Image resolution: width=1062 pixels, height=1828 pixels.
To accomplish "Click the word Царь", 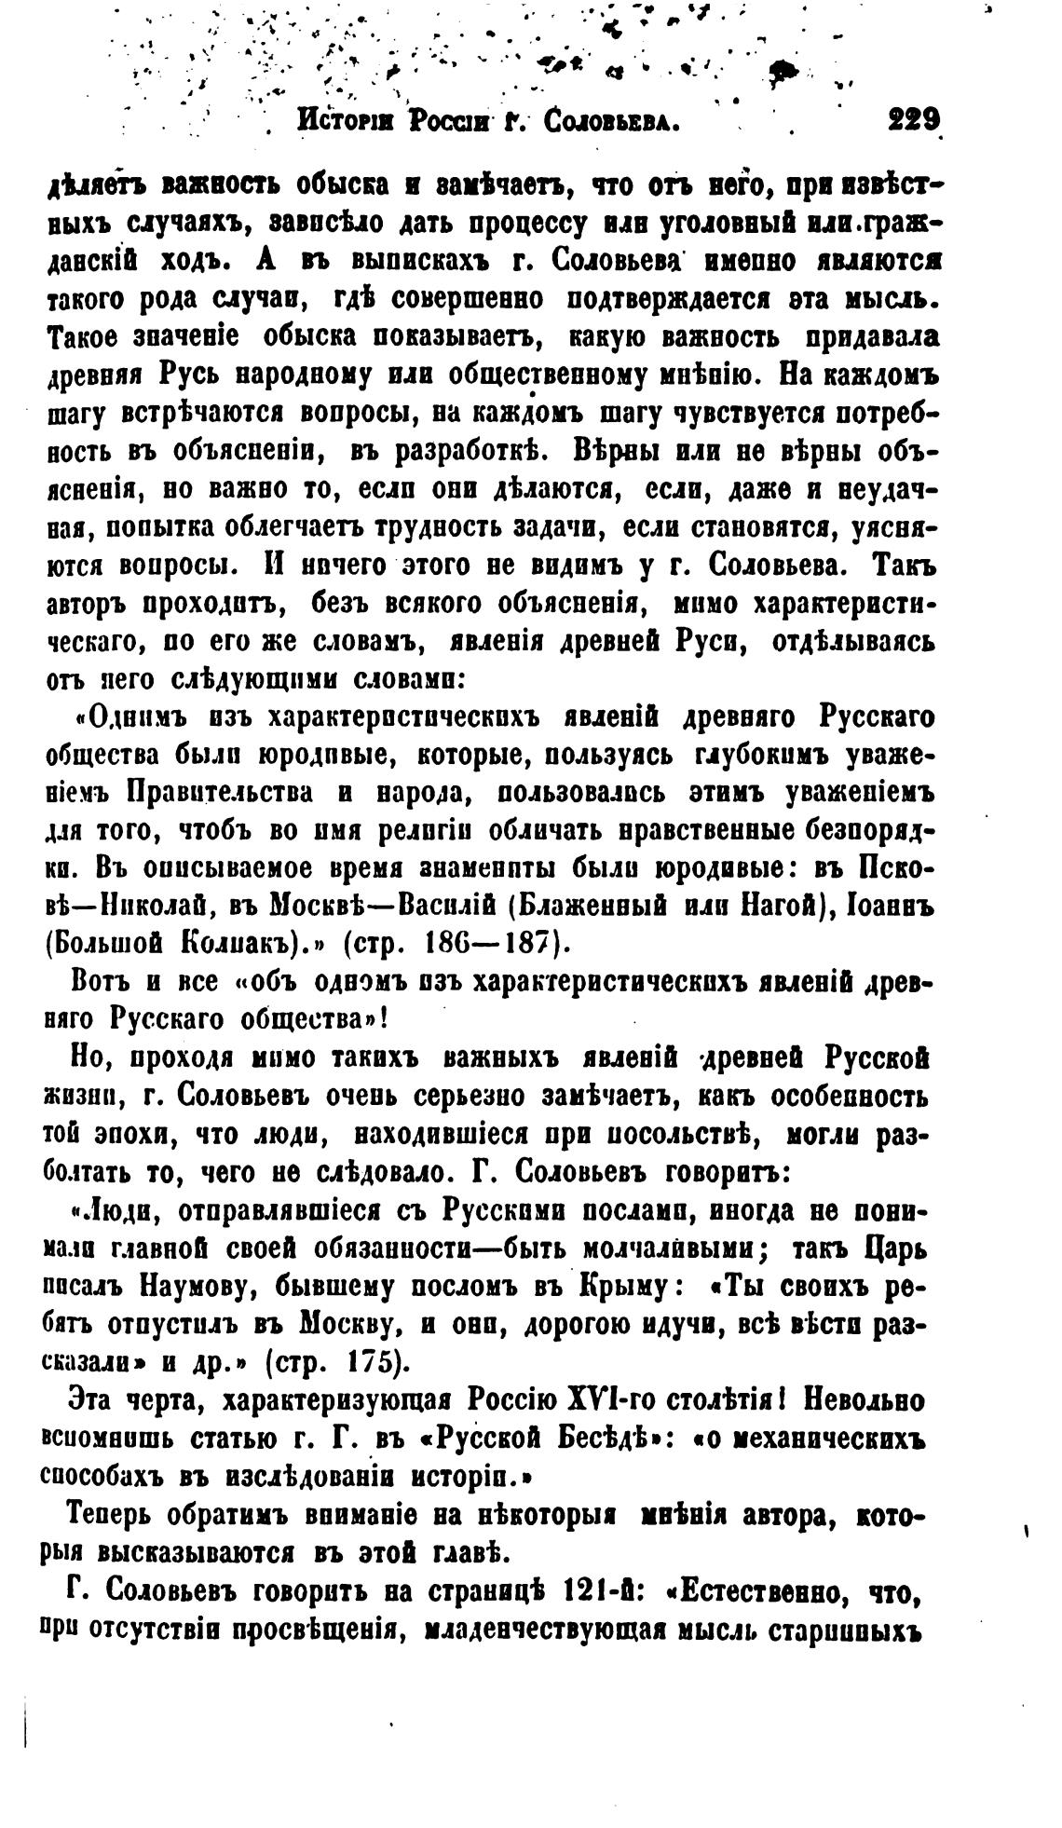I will tap(892, 1248).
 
